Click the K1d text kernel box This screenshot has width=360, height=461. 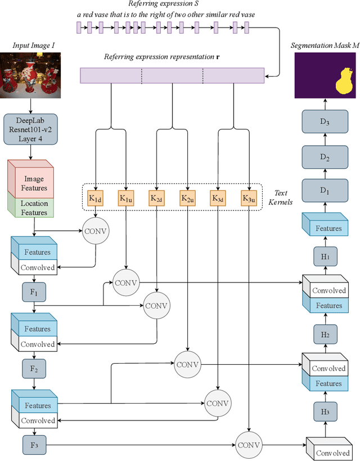click(95, 199)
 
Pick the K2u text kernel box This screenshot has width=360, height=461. click(187, 199)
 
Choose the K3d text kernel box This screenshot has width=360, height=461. click(218, 199)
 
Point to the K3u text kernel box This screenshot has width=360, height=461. click(249, 199)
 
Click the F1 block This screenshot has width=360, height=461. click(34, 293)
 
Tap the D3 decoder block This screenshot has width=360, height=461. click(325, 122)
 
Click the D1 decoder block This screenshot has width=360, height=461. click(325, 190)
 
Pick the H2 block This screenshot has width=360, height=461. click(325, 334)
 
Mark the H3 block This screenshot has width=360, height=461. click(325, 411)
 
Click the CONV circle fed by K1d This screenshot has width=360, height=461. click(96, 231)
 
